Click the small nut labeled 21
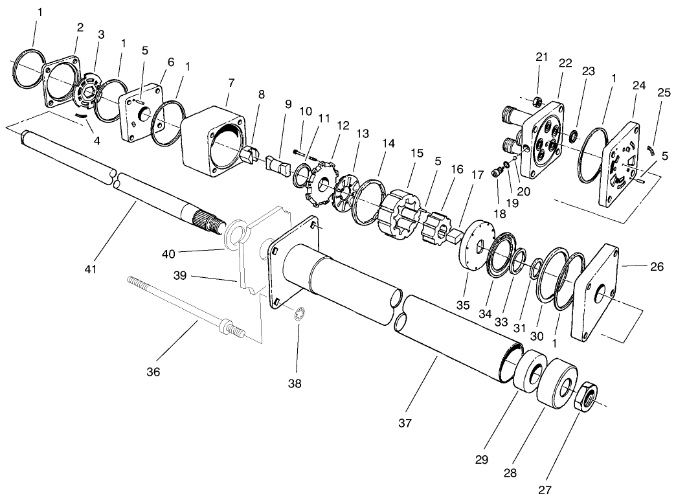click(537, 102)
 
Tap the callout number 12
click(343, 124)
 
